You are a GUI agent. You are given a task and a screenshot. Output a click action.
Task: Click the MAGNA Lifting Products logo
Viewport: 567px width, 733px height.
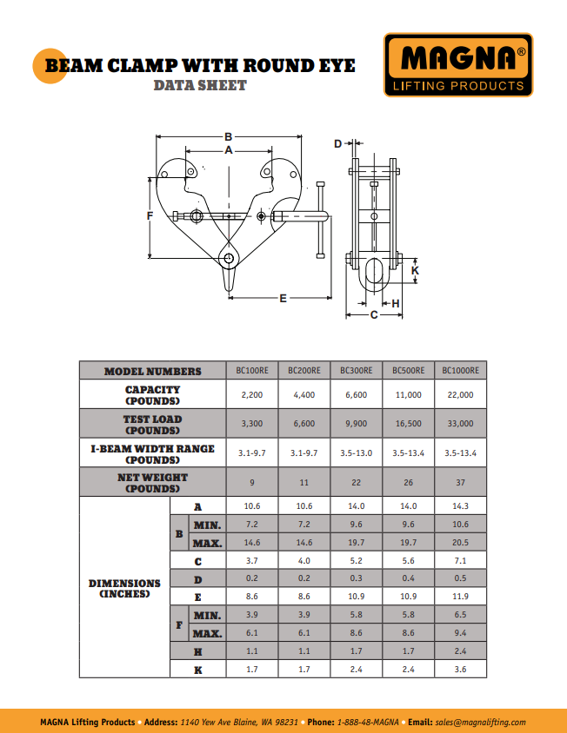click(x=457, y=64)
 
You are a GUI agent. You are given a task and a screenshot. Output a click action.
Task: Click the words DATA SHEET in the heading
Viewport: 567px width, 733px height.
click(x=200, y=85)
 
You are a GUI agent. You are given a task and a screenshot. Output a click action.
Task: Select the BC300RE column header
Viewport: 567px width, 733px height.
click(x=357, y=371)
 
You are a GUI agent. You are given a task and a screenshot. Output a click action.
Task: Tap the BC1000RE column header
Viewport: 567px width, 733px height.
click(x=460, y=371)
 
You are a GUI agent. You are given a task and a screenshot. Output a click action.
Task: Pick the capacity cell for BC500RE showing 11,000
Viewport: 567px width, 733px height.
click(x=409, y=394)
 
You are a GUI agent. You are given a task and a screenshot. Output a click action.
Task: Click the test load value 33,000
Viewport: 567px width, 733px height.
click(x=460, y=424)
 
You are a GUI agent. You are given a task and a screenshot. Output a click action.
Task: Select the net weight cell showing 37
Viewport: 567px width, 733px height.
click(x=460, y=482)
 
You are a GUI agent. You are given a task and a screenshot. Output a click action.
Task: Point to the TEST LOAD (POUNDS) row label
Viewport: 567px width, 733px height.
click(x=152, y=424)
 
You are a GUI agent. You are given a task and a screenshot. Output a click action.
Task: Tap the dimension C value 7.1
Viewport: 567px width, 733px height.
click(x=460, y=561)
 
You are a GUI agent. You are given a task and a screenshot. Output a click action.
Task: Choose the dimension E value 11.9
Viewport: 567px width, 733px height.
click(x=460, y=597)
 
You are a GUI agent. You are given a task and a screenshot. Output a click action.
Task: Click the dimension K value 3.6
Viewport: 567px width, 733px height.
click(x=460, y=669)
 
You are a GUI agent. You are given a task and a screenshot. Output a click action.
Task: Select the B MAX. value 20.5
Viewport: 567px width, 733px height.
click(x=460, y=543)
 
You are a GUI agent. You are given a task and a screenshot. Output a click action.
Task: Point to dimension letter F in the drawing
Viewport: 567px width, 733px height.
click(x=150, y=215)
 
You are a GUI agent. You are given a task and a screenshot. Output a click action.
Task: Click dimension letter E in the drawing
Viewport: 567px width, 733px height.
click(x=283, y=298)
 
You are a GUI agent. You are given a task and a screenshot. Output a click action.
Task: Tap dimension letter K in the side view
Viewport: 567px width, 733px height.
click(x=415, y=271)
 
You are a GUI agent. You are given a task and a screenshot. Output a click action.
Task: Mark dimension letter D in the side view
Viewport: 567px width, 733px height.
click(x=338, y=143)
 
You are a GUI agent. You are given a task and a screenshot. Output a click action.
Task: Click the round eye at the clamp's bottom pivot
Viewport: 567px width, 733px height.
click(x=230, y=258)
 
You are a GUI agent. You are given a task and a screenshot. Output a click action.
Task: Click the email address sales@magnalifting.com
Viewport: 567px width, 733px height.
click(x=480, y=722)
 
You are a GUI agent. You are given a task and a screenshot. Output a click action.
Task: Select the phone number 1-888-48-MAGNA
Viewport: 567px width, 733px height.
click(x=369, y=722)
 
